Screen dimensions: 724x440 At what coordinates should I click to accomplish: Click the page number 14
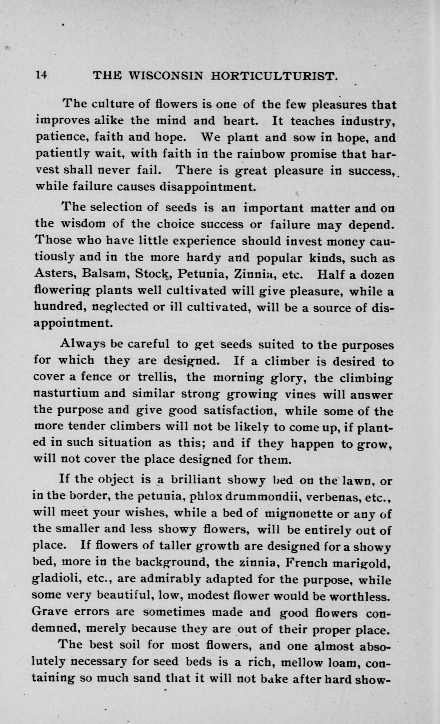click(x=41, y=74)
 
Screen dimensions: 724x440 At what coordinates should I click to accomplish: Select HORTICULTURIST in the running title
click(x=274, y=76)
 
